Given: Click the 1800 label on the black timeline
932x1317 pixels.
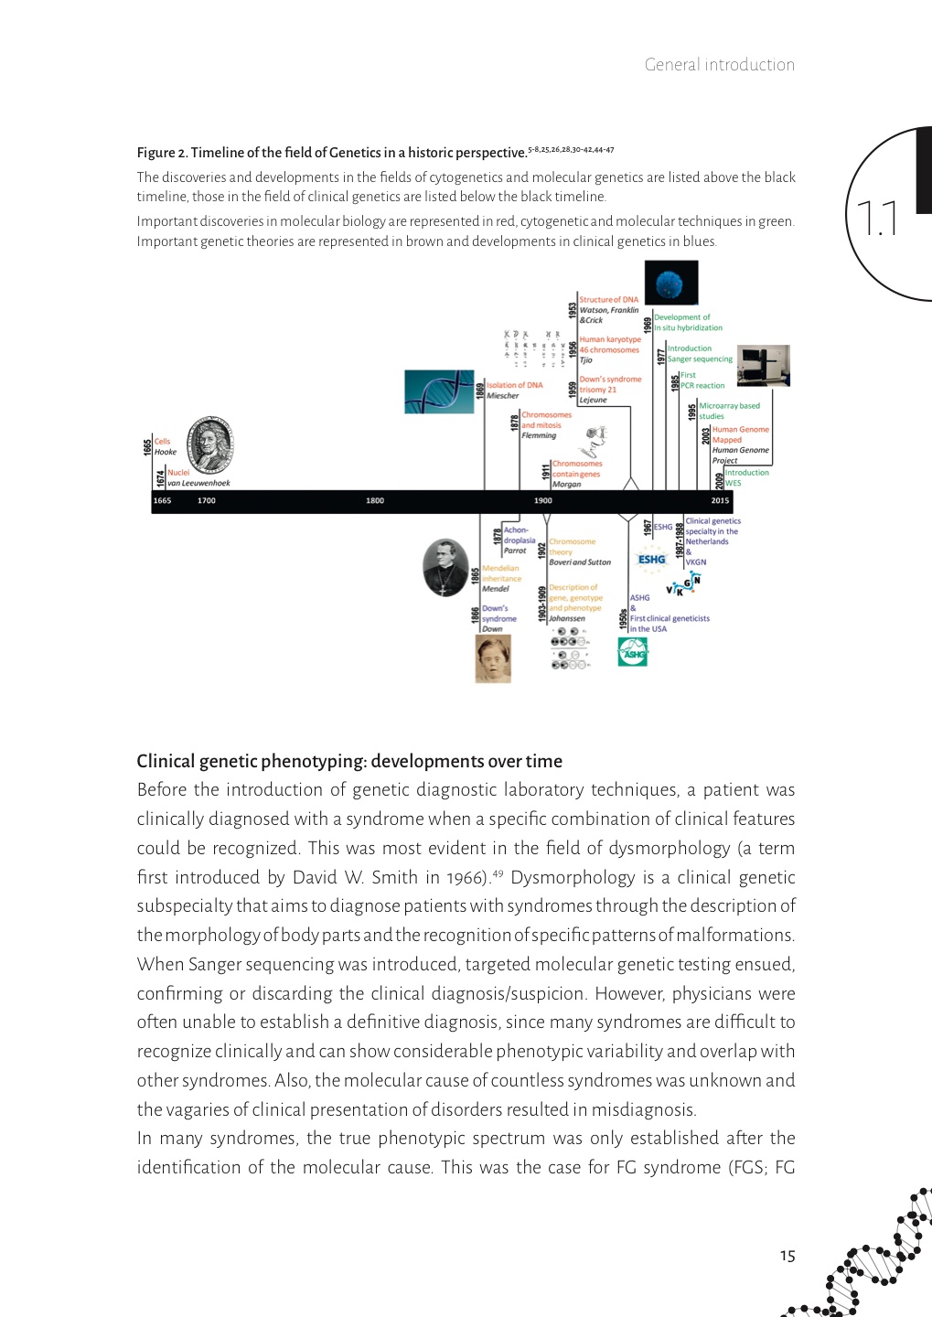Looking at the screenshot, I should pos(375,500).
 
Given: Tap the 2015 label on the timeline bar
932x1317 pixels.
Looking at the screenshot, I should pos(721,500).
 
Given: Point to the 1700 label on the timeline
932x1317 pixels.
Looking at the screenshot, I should pos(207,500).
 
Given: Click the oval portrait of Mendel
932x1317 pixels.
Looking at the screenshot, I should pos(445,567).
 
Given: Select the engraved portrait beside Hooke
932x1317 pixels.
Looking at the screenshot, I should pos(210,445).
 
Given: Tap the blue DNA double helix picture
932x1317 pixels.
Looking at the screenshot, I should pos(439,391).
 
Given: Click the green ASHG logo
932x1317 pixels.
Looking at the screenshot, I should pos(633,651).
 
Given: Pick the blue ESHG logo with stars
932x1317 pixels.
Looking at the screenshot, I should pos(652,560).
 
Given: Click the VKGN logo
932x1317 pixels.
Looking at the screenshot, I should pos(684,584).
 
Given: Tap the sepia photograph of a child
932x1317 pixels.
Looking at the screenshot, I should pos(493,658).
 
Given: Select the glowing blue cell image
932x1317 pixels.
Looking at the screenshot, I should pos(671,283).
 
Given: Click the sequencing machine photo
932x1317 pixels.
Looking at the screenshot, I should pos(764,366).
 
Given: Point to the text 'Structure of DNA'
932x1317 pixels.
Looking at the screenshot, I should pos(609,299).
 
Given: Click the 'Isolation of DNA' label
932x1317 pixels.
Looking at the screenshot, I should pos(514,385).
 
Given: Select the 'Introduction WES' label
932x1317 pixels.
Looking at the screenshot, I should pos(745,477).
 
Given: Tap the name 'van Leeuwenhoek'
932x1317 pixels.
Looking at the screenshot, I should pos(198,483).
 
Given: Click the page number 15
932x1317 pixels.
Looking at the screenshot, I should pos(787,1256).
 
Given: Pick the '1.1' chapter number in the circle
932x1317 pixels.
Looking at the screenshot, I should pos(877,219).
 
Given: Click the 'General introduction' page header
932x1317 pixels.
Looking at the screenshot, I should pos(719,65).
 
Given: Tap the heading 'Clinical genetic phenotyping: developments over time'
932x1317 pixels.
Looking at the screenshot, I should pos(349,761).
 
